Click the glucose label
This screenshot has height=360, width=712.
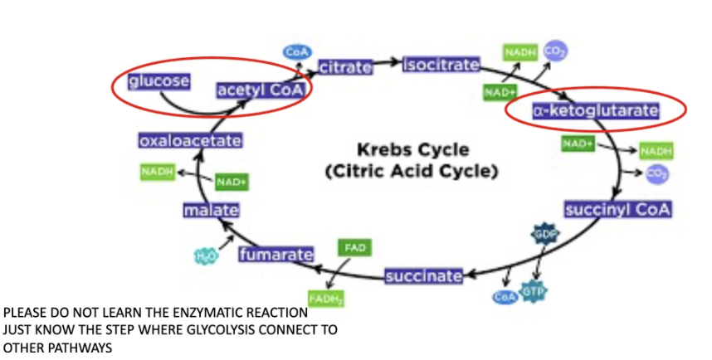158,80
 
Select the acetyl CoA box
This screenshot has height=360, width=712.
259,90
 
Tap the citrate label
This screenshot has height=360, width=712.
344,67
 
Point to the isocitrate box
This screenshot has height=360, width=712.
441,65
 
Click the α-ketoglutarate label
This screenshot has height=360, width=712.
596,110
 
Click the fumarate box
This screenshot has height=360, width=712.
276,254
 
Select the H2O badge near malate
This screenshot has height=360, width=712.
205,255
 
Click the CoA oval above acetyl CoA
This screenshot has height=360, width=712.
296,51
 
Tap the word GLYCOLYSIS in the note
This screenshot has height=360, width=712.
217,329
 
